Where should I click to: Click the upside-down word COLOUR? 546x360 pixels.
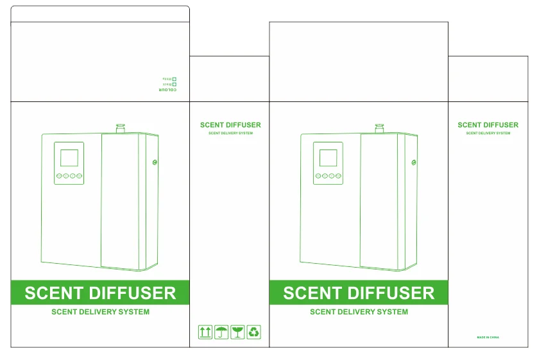[167, 90]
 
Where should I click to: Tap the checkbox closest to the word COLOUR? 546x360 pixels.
[175, 84]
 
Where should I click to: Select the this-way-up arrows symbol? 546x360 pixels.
[205, 332]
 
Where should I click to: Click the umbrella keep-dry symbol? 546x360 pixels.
[221, 332]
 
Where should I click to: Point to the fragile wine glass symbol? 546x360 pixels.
[237, 332]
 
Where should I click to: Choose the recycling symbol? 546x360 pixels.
[254, 332]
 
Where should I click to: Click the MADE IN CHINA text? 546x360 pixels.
[488, 337]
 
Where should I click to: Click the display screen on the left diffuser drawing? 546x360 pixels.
[69, 158]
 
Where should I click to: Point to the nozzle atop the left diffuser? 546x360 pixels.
[120, 128]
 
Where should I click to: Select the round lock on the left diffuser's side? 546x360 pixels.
[154, 163]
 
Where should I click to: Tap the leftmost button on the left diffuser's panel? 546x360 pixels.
[59, 176]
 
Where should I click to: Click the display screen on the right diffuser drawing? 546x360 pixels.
[328, 158]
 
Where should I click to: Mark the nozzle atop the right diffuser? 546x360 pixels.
[379, 128]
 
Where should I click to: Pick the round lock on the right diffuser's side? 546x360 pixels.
[413, 163]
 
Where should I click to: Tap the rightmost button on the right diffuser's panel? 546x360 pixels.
[338, 176]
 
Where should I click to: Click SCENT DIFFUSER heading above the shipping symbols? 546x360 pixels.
[230, 125]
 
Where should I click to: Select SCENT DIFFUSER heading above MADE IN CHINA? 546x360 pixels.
[488, 125]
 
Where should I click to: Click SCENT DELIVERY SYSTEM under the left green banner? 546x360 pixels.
[100, 312]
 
